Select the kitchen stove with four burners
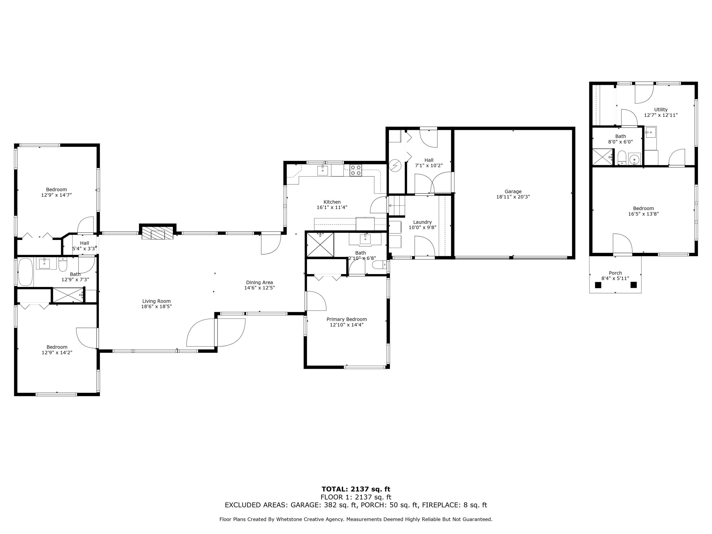(356, 170)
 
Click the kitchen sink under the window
(323, 170)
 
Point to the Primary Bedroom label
(347, 319)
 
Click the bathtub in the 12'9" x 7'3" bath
(26, 272)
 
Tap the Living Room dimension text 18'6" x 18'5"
(156, 306)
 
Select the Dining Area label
(259, 282)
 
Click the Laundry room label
(422, 222)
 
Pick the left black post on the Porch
(598, 285)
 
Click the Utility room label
(661, 109)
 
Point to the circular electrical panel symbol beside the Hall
(395, 166)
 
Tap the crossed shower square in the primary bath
(320, 245)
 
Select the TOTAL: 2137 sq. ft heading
(356, 489)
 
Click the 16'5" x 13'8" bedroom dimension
(643, 214)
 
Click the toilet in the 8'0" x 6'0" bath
(622, 158)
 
